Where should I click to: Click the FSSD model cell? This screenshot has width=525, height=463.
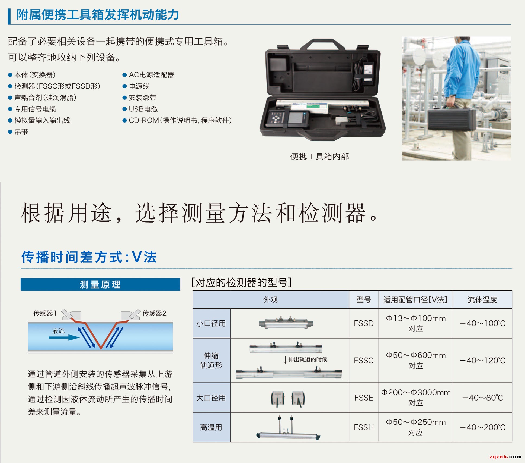tap(364, 323)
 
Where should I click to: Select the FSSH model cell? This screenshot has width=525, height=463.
tap(364, 427)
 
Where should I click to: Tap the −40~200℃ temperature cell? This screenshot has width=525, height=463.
tap(483, 427)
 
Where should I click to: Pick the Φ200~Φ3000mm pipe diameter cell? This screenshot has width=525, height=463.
tap(416, 398)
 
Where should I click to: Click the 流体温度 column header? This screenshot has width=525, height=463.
tap(482, 300)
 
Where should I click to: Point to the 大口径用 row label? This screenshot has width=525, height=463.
tap(211, 398)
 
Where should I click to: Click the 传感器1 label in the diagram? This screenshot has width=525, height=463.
tap(45, 313)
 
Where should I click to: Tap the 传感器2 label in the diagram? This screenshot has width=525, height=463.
tap(154, 313)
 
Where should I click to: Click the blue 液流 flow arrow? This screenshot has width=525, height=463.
tap(64, 337)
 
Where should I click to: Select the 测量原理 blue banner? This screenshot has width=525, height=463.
tap(100, 284)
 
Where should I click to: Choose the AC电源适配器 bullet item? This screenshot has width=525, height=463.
tap(148, 75)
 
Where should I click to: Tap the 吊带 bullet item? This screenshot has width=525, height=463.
tap(18, 132)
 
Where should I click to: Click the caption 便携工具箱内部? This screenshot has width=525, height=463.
tap(319, 157)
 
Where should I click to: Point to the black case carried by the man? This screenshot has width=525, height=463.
tap(452, 121)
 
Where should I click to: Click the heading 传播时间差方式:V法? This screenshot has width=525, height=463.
tap(89, 257)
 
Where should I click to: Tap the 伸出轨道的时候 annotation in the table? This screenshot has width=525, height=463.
tap(305, 359)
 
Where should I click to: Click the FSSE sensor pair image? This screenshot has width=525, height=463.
tap(288, 399)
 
